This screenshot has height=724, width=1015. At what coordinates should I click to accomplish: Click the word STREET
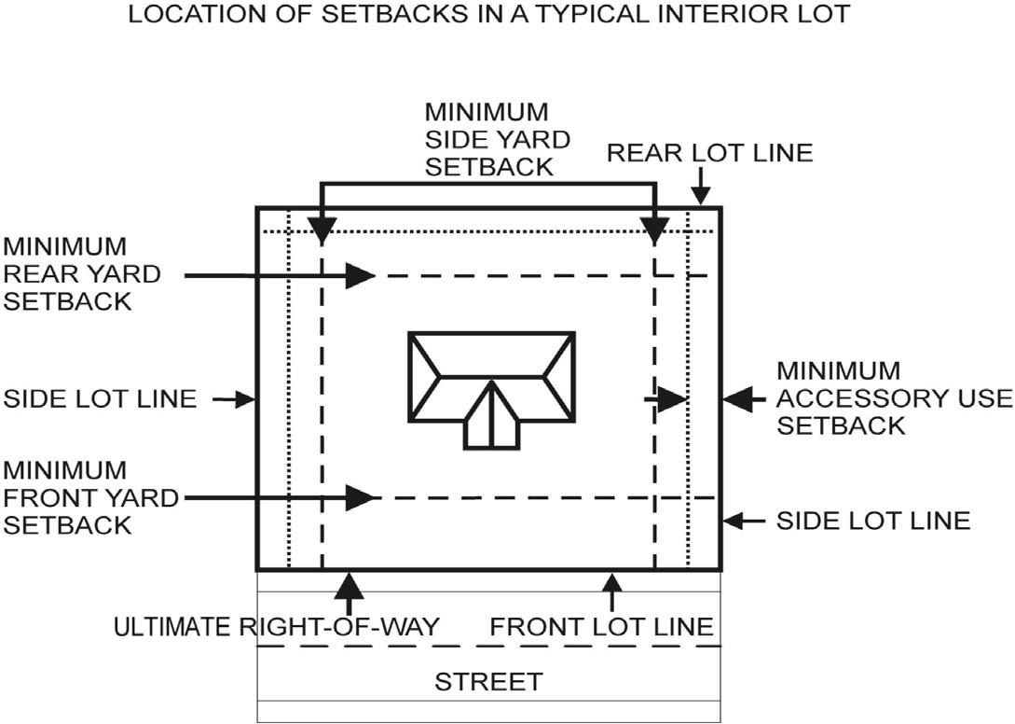pyautogui.click(x=488, y=681)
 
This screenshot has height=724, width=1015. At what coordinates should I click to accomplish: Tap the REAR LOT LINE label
pyautogui.click(x=709, y=152)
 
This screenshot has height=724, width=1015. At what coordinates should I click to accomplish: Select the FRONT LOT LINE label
pyautogui.click(x=601, y=626)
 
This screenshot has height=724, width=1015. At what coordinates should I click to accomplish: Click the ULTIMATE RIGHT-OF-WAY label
pyautogui.click(x=276, y=626)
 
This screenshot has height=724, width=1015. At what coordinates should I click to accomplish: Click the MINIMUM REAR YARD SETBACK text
pyautogui.click(x=82, y=274)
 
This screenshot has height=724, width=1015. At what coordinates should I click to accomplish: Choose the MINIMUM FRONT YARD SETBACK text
pyautogui.click(x=89, y=497)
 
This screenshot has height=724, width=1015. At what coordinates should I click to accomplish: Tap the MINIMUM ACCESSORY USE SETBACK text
pyautogui.click(x=893, y=398)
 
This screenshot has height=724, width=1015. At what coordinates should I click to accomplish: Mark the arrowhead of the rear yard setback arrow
pyautogui.click(x=360, y=275)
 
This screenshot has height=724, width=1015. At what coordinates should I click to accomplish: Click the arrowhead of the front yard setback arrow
pyautogui.click(x=360, y=497)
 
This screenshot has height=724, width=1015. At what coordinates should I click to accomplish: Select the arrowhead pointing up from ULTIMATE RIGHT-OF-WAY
pyautogui.click(x=349, y=586)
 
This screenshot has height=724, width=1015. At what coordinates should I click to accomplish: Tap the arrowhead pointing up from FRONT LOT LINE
pyautogui.click(x=611, y=581)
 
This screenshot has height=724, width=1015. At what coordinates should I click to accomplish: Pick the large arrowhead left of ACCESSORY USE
pyautogui.click(x=738, y=398)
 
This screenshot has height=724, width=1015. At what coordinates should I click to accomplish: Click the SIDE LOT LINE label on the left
pyautogui.click(x=101, y=399)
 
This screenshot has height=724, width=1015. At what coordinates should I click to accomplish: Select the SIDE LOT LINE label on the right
pyautogui.click(x=873, y=520)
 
